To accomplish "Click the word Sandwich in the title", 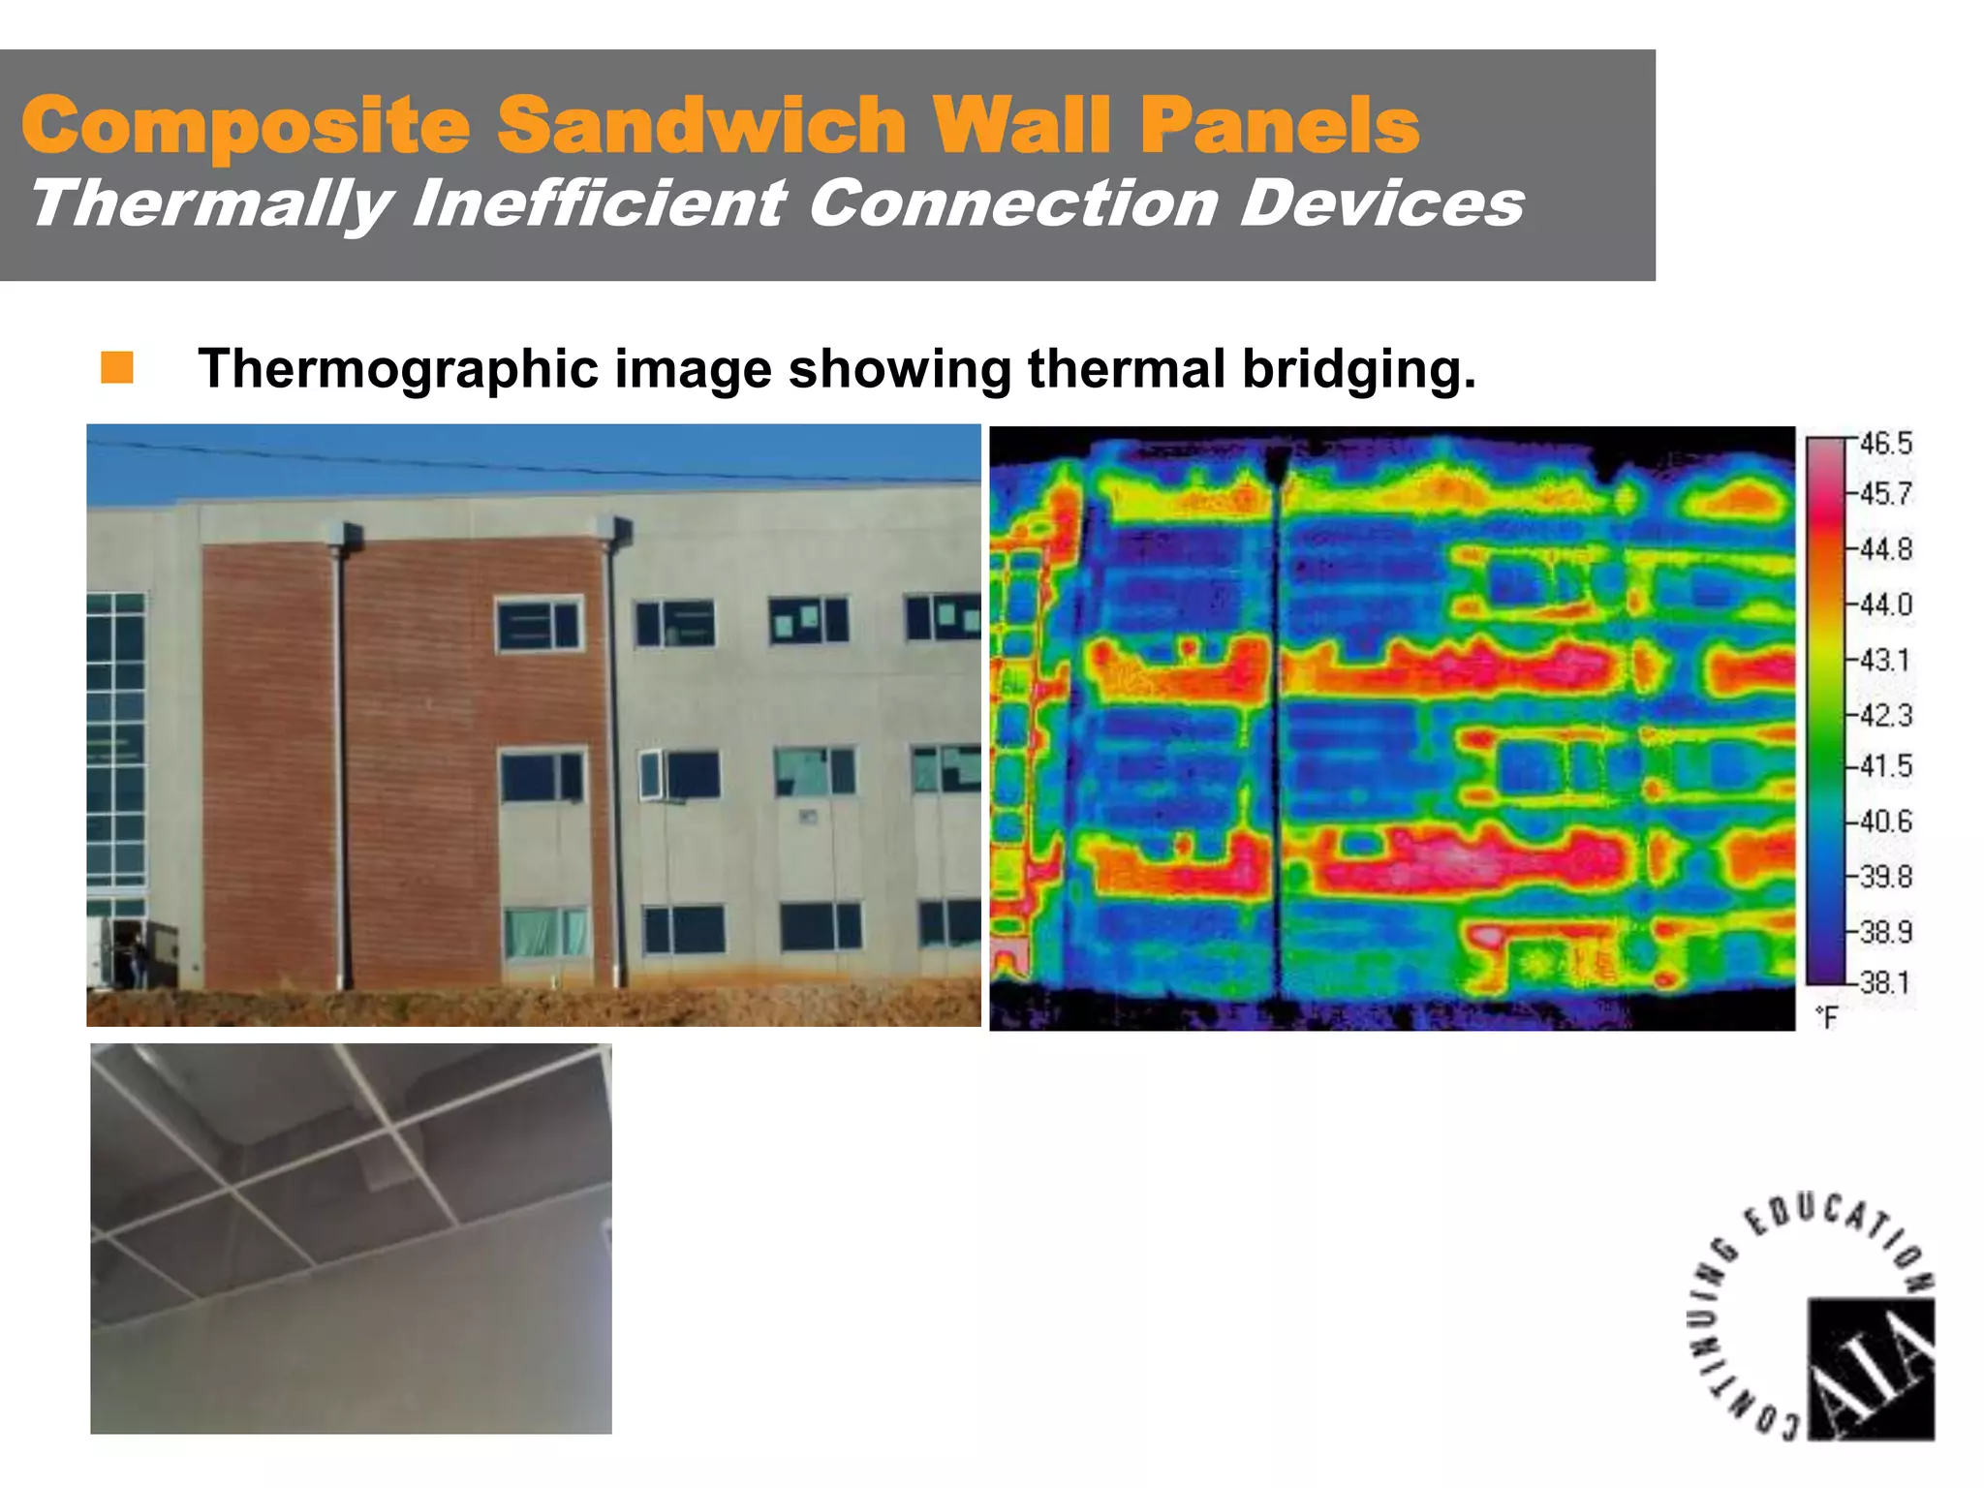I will click(702, 125).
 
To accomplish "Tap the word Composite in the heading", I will click(246, 127).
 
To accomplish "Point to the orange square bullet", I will click(117, 368).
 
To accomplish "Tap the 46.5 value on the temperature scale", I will click(1885, 444).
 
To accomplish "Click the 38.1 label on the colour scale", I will click(1885, 982).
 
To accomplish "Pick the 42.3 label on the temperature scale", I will click(1885, 715).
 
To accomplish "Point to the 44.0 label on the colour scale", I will click(1885, 604).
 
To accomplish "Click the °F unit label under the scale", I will click(1826, 1017).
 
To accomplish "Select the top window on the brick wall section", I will click(540, 624).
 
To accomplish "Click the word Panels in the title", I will click(1279, 125).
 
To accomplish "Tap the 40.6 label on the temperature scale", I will click(1885, 821).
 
